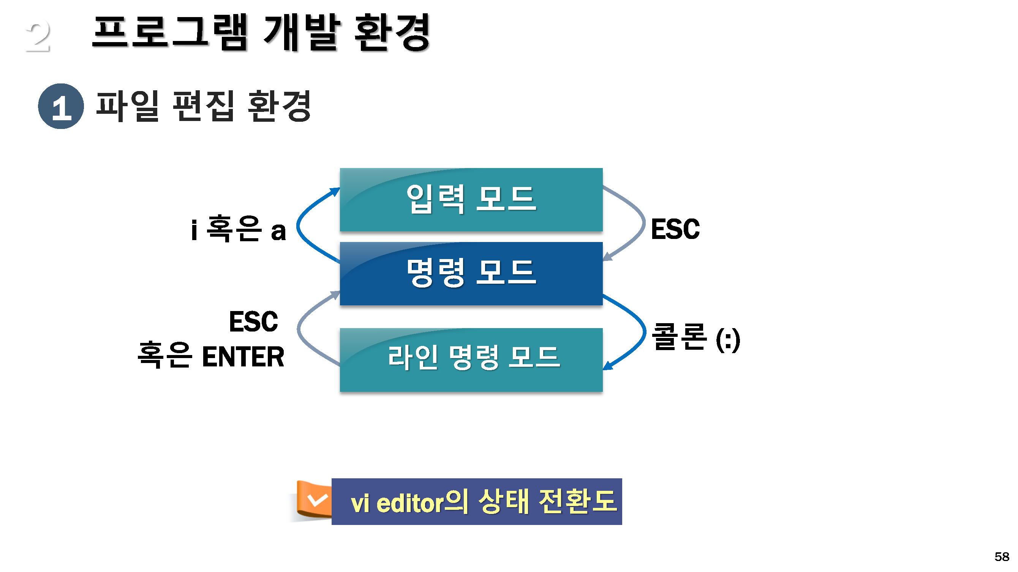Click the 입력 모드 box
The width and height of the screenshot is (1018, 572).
point(471,200)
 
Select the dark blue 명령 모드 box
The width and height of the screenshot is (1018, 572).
point(471,273)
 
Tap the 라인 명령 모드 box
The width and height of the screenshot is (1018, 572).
point(471,359)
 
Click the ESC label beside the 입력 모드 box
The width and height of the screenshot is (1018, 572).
point(675,229)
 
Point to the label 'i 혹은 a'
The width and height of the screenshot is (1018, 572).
point(238,229)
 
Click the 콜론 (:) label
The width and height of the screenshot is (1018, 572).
point(695,338)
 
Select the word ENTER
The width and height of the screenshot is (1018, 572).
point(243,357)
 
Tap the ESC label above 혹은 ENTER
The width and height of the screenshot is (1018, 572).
point(253,321)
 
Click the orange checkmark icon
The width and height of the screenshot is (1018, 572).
point(316,500)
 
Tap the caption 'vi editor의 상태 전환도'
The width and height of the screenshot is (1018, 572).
point(483,502)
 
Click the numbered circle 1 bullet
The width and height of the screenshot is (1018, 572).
point(61,106)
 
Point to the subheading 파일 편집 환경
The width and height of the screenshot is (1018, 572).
point(204,106)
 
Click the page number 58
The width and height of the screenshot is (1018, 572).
point(1001,556)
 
